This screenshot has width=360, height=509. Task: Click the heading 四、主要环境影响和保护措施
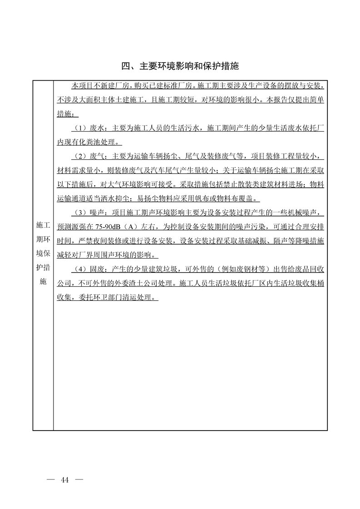pos(180,67)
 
